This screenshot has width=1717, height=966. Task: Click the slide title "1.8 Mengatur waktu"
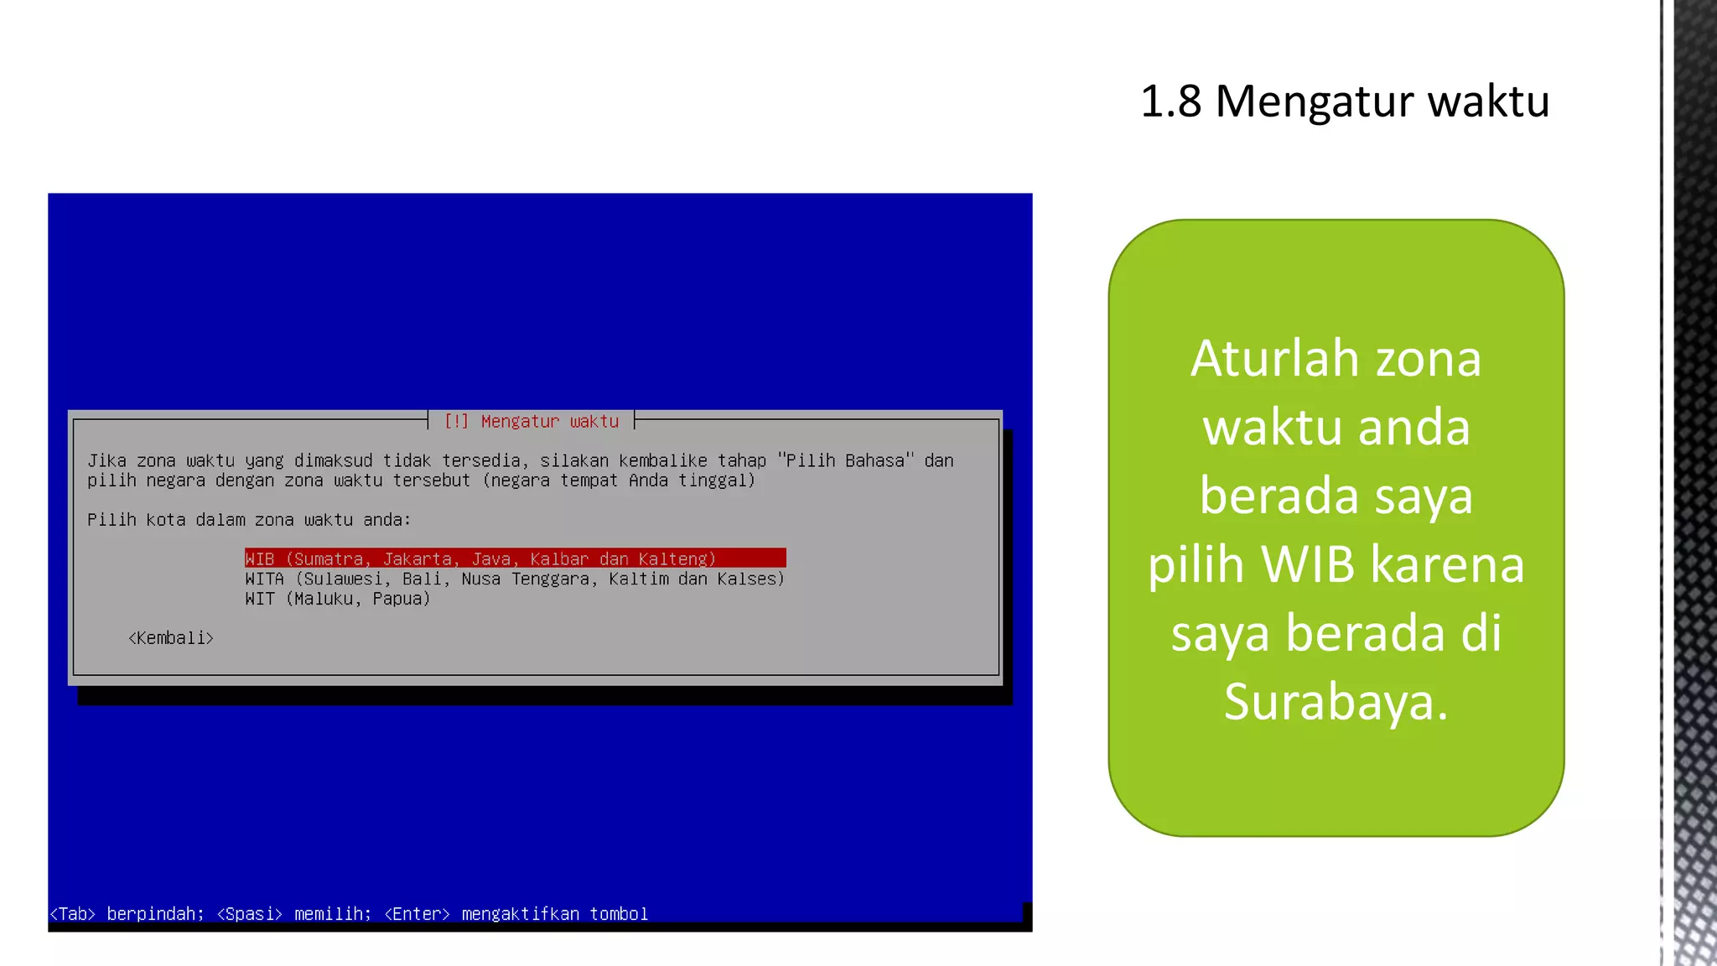1345,101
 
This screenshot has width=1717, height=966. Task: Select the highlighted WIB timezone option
515,558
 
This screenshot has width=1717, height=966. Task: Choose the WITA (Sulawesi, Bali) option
514,579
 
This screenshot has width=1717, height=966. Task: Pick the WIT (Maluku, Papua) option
337,599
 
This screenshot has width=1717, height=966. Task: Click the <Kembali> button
171,638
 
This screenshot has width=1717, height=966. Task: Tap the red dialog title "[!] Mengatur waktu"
532,421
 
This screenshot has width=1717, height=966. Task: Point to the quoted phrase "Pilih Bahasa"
845,460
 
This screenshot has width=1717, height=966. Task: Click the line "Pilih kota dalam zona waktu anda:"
249,520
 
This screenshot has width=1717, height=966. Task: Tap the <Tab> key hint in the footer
72,914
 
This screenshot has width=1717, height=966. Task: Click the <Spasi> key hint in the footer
249,914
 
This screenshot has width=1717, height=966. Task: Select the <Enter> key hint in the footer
417,914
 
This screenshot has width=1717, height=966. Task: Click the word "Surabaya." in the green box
1336,702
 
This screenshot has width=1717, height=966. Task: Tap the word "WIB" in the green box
1308,564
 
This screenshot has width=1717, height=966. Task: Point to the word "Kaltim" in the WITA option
638,579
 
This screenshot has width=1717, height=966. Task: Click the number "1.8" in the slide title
1170,101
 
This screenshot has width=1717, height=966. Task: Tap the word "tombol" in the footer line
619,914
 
